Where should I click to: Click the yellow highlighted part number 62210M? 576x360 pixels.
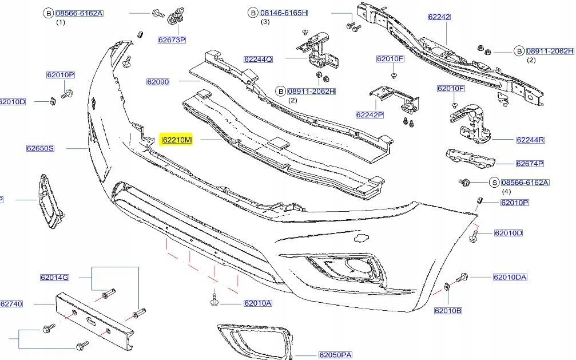tap(177, 140)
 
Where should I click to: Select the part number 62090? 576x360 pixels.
tap(158, 82)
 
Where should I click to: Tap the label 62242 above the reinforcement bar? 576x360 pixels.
tap(439, 17)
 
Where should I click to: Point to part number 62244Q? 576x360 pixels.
tap(258, 59)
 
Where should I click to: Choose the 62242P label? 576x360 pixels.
tap(370, 114)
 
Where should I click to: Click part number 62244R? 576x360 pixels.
tap(530, 140)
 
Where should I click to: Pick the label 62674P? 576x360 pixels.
tap(529, 164)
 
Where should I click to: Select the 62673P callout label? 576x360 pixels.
tap(172, 39)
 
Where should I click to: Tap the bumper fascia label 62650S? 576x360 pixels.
tap(40, 148)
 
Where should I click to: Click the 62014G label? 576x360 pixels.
tap(54, 277)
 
